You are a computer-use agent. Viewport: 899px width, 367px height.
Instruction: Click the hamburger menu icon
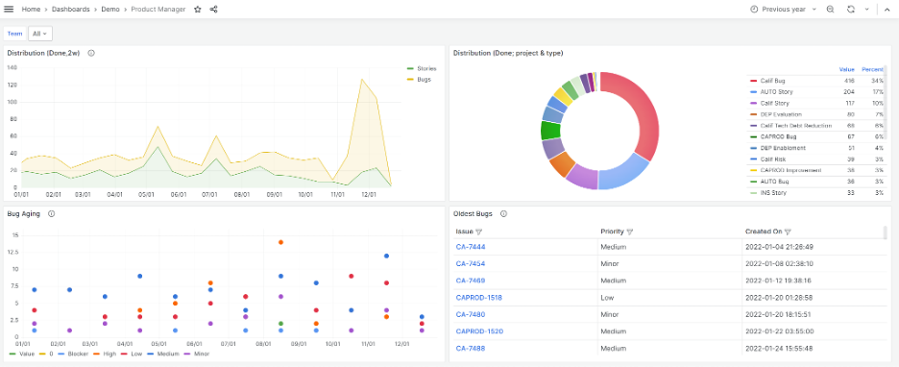click(9, 9)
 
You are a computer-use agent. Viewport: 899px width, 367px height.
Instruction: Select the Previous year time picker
click(783, 9)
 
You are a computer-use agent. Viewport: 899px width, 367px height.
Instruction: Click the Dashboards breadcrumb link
click(72, 9)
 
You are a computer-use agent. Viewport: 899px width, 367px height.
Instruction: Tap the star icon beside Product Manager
click(198, 9)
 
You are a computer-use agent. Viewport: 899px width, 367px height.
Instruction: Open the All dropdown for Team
click(39, 34)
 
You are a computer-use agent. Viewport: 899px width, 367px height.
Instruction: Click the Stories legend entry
click(423, 69)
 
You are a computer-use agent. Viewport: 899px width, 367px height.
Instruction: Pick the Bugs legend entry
click(424, 79)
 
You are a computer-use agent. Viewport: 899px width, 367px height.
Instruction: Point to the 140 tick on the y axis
click(12, 67)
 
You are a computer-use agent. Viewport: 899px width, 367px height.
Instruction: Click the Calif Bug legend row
click(774, 81)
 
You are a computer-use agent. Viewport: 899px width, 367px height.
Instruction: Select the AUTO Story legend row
click(776, 91)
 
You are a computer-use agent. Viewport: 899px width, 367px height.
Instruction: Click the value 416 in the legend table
click(848, 81)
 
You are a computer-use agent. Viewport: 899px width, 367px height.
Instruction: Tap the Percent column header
click(872, 69)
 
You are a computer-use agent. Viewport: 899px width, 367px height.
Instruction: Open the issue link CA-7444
click(471, 246)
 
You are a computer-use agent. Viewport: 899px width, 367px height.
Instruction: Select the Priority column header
click(612, 232)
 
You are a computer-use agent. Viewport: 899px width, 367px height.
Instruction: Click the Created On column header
click(765, 232)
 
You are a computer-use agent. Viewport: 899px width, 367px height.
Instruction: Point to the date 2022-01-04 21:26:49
click(779, 246)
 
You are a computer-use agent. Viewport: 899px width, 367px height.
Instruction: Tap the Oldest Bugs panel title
click(474, 213)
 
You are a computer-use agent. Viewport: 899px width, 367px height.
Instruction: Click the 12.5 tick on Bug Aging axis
click(13, 253)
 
